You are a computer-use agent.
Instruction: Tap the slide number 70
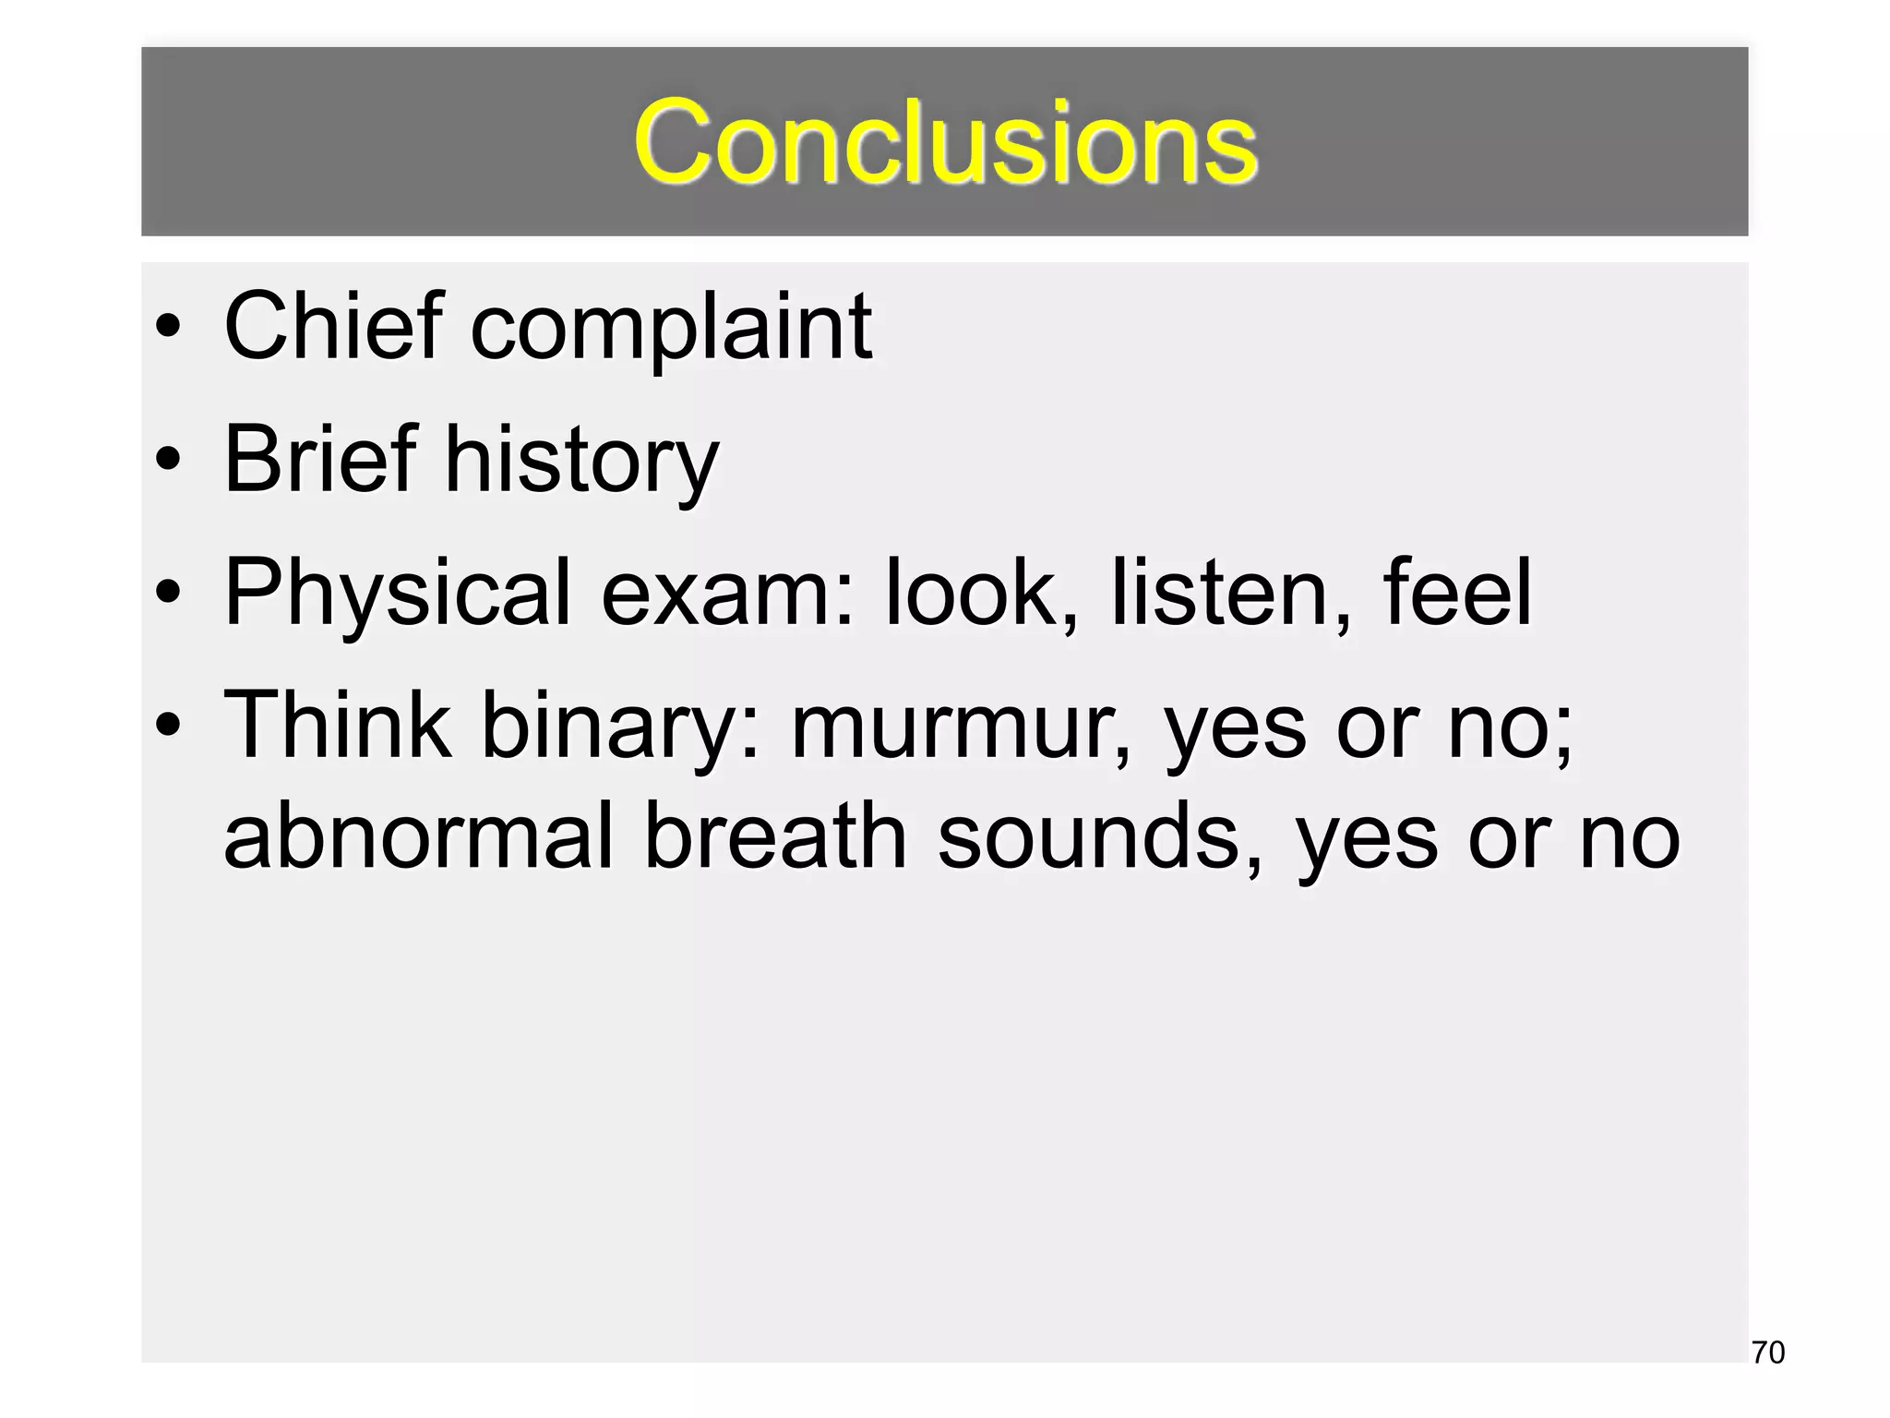click(x=1767, y=1352)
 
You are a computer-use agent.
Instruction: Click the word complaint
click(x=671, y=329)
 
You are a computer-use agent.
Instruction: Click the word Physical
click(x=398, y=594)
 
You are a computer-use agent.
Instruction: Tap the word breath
click(x=775, y=835)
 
